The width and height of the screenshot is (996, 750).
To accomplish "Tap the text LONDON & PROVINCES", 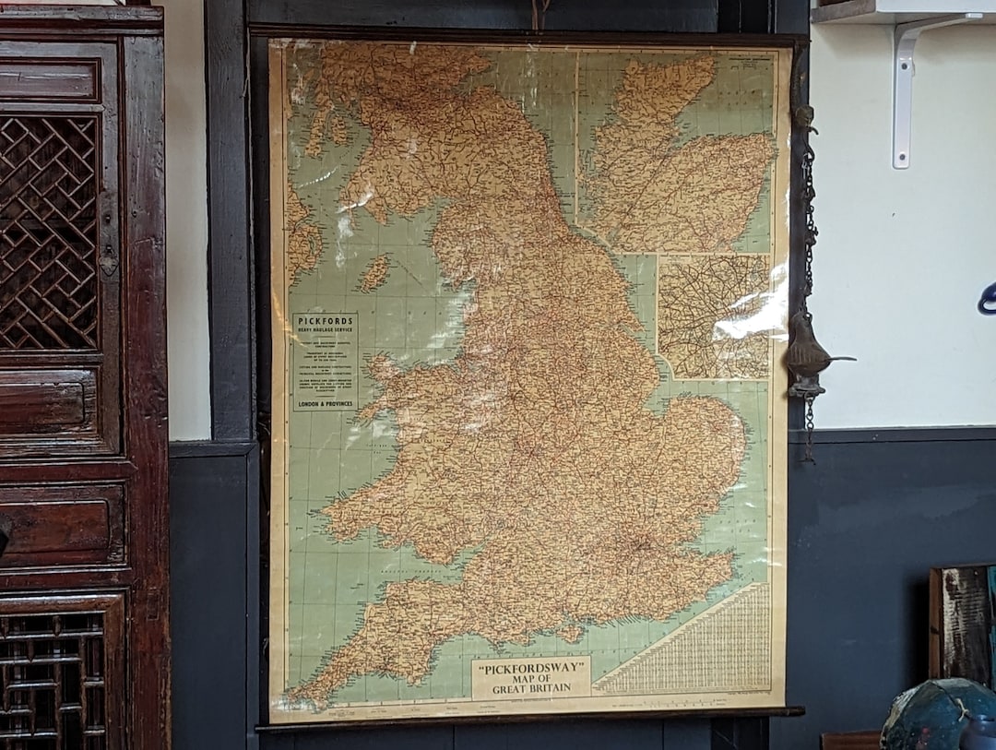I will click(325, 403).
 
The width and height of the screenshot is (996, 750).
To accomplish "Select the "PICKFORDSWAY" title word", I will click(530, 666).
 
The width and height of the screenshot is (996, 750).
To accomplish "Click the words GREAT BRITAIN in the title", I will click(530, 688).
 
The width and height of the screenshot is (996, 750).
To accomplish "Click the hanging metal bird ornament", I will click(809, 351).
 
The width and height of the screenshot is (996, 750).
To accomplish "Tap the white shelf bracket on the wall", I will click(908, 83).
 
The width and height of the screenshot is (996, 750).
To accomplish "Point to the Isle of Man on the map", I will click(373, 273).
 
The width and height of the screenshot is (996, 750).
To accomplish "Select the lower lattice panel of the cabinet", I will click(55, 678).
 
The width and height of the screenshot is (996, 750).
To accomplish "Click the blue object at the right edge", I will click(989, 299).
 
